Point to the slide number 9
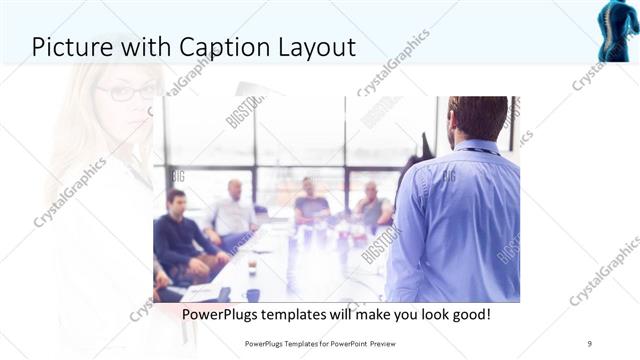point(590,343)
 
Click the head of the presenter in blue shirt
point(477,118)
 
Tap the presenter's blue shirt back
point(455,225)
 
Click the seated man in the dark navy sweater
point(178,235)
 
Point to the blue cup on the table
point(253,294)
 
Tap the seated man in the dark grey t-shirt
point(312,205)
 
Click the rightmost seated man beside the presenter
point(373,207)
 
